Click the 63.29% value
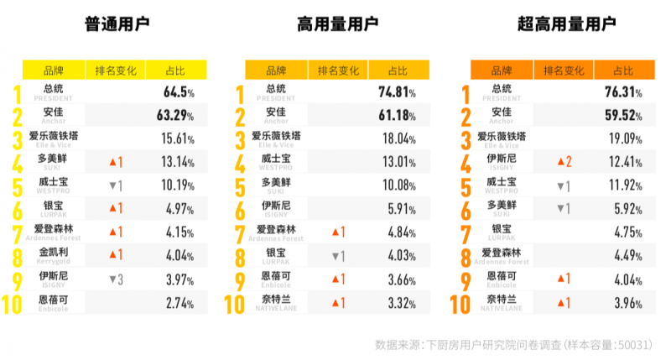tap(176, 115)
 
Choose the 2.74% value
tap(179, 303)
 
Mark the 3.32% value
tap(401, 303)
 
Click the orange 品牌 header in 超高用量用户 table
tap(501, 70)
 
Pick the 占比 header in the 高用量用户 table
tap(400, 70)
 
